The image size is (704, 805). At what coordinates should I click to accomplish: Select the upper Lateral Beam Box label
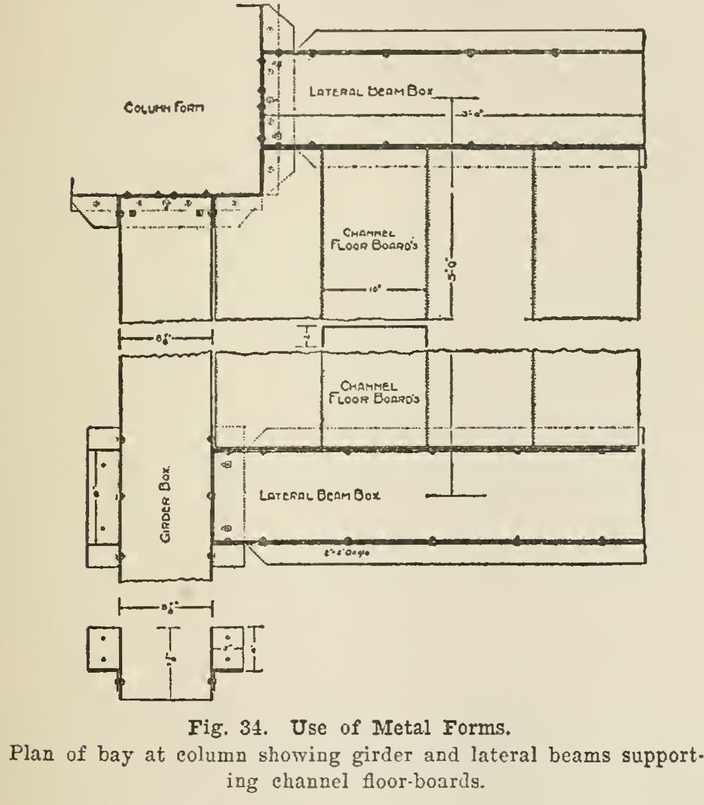(x=370, y=91)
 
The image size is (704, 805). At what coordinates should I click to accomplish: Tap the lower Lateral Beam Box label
(x=320, y=495)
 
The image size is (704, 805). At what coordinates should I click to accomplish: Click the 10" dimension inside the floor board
(x=374, y=290)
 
